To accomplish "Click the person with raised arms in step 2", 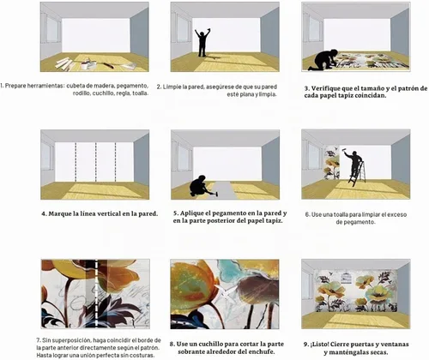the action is point(202,43).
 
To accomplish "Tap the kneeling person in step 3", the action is point(323,60).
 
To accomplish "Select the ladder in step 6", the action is point(358,173).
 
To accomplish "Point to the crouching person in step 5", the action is point(200,186).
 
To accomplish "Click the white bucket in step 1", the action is point(85,65).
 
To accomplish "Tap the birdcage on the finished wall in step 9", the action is point(346,277).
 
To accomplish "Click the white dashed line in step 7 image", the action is point(96,293).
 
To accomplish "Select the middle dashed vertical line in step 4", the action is point(95,162).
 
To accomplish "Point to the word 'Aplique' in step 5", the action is point(192,213).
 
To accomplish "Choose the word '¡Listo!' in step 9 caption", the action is point(321,345).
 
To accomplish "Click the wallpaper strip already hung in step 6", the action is point(331,163).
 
